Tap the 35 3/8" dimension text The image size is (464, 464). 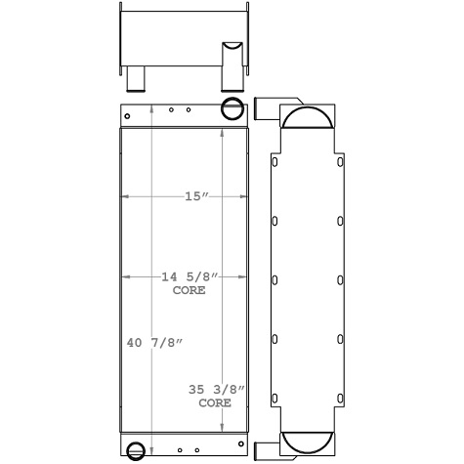pyautogui.click(x=216, y=389)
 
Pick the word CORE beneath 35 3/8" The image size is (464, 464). pyautogui.click(x=215, y=401)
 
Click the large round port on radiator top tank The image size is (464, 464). pyautogui.click(x=232, y=107)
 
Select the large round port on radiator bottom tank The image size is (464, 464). pyautogui.click(x=136, y=450)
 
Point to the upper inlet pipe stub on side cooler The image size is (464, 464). pyautogui.click(x=266, y=108)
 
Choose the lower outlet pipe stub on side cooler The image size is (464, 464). pyautogui.click(x=266, y=451)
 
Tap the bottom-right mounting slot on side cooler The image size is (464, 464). pyautogui.click(x=339, y=397)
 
